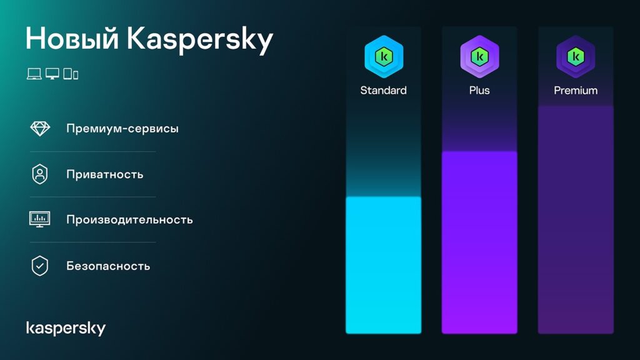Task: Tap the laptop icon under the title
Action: coord(34,74)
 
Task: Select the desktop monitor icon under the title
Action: coord(52,74)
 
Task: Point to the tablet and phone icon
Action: coord(71,74)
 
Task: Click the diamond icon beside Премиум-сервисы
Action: coord(40,128)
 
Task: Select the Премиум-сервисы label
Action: coord(122,129)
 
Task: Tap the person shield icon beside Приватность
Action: coord(40,174)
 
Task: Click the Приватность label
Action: coord(105,174)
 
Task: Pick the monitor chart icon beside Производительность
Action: coord(40,219)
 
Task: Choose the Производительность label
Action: coord(129,220)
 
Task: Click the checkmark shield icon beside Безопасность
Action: coord(40,266)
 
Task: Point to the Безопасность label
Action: coord(108,266)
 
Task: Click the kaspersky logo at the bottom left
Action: coord(66,328)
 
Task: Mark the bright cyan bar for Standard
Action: coord(384,265)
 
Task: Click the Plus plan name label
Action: coord(479,91)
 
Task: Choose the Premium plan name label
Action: coord(576,91)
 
